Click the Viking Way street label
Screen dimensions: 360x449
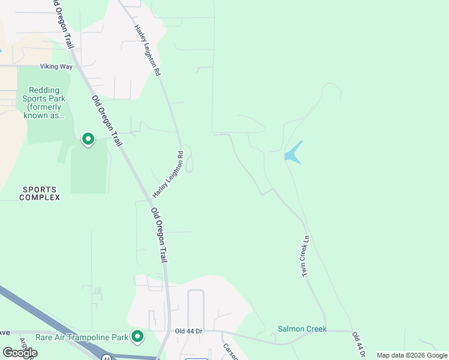point(56,67)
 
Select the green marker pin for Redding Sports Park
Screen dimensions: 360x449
point(88,140)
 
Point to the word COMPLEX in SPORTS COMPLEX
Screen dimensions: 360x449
point(40,197)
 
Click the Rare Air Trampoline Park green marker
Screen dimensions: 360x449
point(137,337)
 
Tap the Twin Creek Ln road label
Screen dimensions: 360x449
point(306,256)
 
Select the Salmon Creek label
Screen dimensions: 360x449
point(302,329)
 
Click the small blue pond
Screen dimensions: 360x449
point(292,154)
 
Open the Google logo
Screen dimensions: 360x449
point(20,353)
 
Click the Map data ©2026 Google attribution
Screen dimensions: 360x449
point(411,355)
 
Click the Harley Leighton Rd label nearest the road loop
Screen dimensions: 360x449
point(167,175)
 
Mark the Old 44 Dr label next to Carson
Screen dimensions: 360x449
point(190,331)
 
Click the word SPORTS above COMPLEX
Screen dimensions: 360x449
point(40,189)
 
